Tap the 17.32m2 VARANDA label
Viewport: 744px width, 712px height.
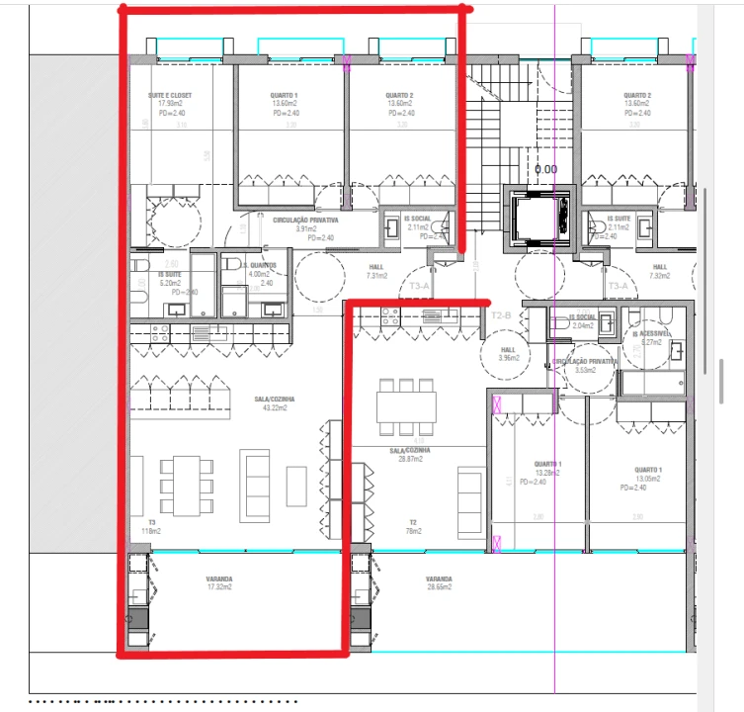point(219,583)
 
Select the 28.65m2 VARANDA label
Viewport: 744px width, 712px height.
point(439,583)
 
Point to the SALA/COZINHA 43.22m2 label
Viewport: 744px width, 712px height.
point(274,403)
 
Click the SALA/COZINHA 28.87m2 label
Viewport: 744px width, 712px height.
point(405,455)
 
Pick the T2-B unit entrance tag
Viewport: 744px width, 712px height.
point(500,315)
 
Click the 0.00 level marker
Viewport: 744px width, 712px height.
point(545,169)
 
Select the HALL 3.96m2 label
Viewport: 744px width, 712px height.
point(508,353)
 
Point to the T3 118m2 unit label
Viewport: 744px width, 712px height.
point(151,527)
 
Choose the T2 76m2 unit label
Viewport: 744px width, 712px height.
point(412,527)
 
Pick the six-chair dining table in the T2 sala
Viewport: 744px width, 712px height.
point(405,406)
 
